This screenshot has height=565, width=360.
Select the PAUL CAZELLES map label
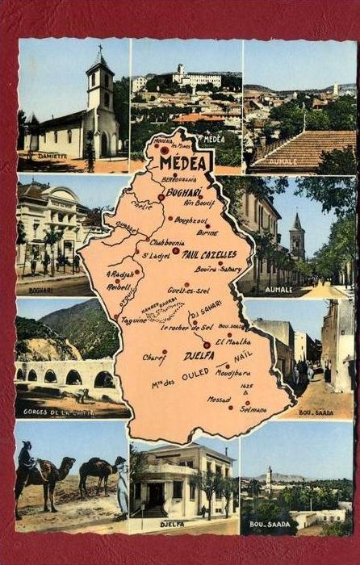(x=208, y=253)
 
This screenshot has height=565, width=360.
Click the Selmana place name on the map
(x=253, y=410)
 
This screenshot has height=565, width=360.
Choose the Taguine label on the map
(x=133, y=320)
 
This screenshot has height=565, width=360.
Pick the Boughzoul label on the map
(x=190, y=220)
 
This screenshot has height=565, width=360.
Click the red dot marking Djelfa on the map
(x=207, y=345)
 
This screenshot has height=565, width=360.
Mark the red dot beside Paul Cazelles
(x=175, y=251)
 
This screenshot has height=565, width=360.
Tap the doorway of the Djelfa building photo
(x=154, y=494)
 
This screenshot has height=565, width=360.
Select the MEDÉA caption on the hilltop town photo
(x=213, y=139)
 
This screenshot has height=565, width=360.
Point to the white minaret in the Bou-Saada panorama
(x=269, y=481)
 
